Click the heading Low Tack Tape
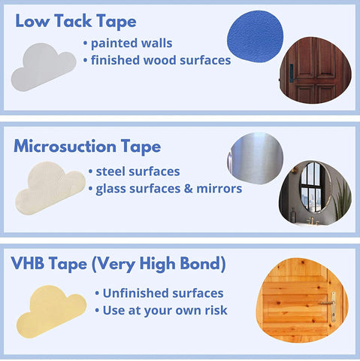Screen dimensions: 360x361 pos(76,21)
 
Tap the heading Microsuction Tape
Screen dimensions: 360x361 pos(87,146)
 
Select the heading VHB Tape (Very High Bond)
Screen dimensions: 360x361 pos(118,264)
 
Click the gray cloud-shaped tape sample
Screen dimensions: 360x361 pos(43,67)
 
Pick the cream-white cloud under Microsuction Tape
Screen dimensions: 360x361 pos(50,188)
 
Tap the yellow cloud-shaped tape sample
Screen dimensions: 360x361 pos(51,311)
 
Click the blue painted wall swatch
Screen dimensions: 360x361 pos(255,36)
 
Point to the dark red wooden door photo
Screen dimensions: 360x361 pos(316,71)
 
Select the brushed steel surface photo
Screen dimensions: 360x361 pos(256,159)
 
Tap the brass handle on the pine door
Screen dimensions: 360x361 pos(330,306)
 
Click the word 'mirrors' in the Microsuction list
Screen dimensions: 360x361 pos(219,189)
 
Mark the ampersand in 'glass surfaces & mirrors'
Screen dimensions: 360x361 pos(188,189)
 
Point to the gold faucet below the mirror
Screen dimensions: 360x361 pos(310,220)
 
